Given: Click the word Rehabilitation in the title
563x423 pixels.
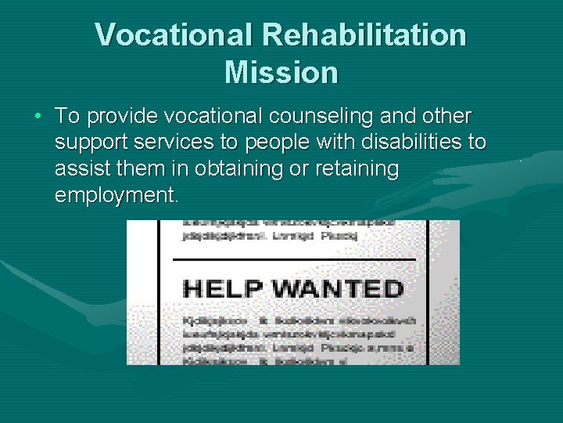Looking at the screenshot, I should pos(364,35).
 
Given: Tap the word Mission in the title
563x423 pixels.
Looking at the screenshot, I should pos(281,73).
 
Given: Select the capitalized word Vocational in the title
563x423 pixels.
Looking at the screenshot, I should pos(174,35).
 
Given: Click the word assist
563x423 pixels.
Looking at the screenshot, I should pos(76,168).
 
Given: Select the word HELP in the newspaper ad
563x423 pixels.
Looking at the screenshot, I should pos(224,288).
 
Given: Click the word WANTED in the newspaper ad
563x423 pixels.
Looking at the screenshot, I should pos(337,288).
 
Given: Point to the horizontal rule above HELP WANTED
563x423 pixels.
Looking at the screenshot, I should pos(294,258).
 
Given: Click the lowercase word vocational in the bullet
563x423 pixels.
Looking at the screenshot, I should pos(211,117).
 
